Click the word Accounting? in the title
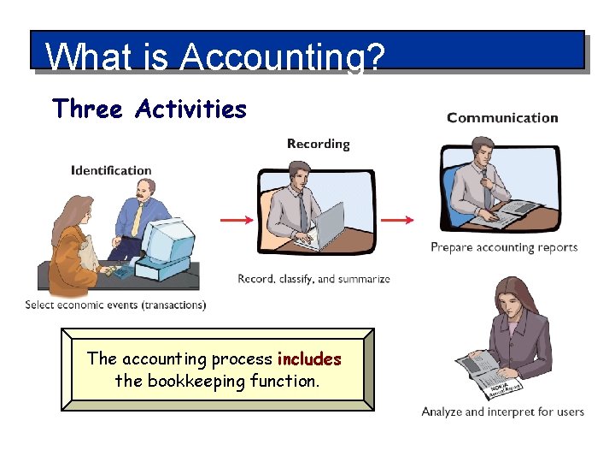coord(283,58)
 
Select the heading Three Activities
coord(149,110)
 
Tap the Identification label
coord(111,170)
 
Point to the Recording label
coord(318,144)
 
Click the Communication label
coord(502,118)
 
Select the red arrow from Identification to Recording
coord(237,220)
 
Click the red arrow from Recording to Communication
coord(396,220)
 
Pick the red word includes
coord(309,359)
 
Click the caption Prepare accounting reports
coord(504,247)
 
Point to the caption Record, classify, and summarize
coord(313,279)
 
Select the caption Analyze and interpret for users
coord(502,412)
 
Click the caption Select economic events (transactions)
coord(115,305)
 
